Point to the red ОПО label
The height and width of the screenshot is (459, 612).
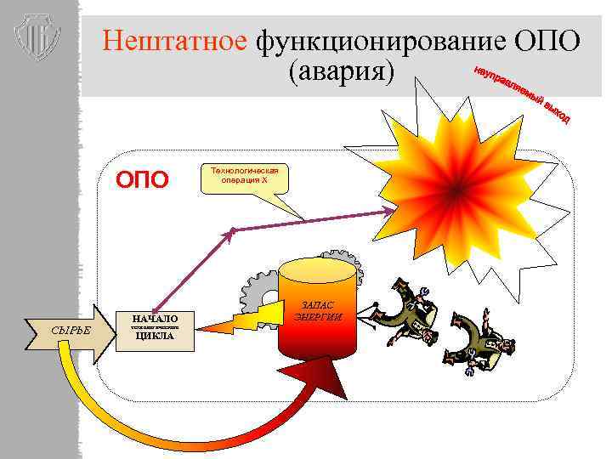coord(143,179)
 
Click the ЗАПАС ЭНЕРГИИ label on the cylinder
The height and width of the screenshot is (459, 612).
coord(318,311)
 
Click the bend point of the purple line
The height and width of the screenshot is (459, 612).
coord(230,229)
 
